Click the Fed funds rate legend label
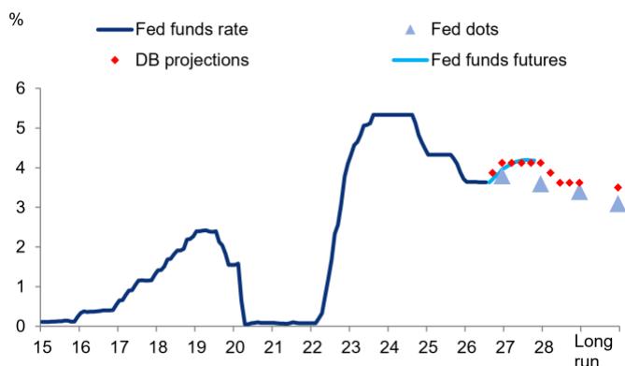[192, 29]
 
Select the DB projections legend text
[192, 60]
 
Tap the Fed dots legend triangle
[410, 30]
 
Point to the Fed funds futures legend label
[499, 60]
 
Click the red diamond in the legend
[115, 60]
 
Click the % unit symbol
[16, 19]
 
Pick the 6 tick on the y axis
[21, 88]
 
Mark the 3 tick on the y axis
[21, 208]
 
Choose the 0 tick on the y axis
[21, 327]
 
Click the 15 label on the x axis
[42, 347]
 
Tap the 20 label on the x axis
[234, 347]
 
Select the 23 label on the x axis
[350, 347]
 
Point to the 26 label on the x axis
[466, 347]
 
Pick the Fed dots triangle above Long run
[618, 204]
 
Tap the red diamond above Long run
[618, 187]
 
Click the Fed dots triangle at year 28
[541, 184]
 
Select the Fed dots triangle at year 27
[502, 176]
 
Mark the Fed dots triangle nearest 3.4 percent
[579, 192]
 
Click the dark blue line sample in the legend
[115, 30]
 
